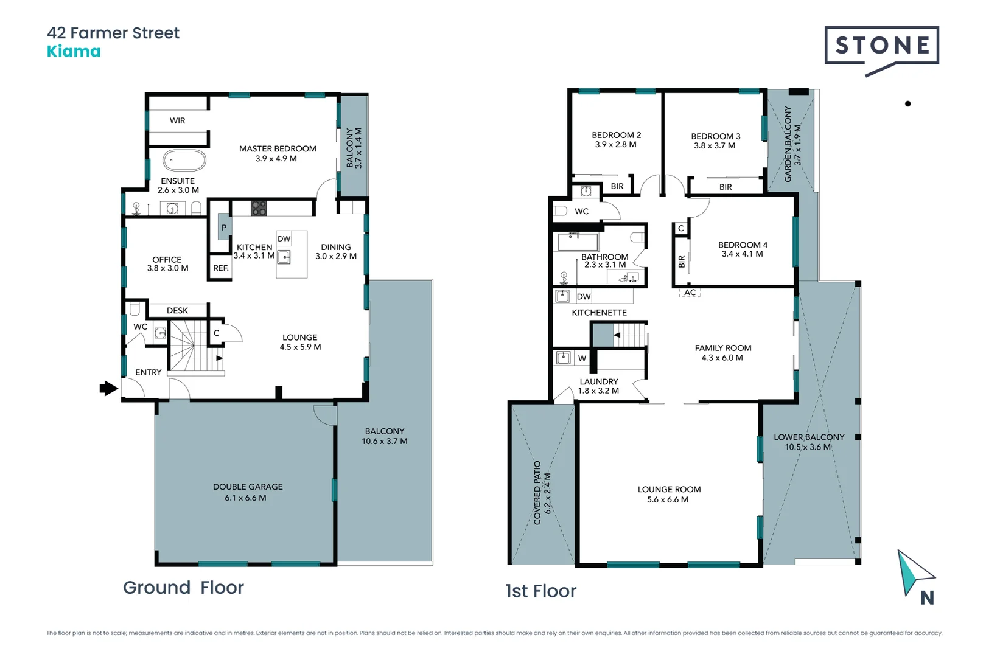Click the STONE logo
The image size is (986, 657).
pyautogui.click(x=881, y=46)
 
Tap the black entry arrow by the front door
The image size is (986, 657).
pyautogui.click(x=108, y=388)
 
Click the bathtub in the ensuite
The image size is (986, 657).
pyautogui.click(x=184, y=161)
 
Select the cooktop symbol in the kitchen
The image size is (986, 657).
pyautogui.click(x=259, y=208)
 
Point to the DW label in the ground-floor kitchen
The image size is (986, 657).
pyautogui.click(x=284, y=239)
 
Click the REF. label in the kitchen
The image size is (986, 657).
pyautogui.click(x=221, y=268)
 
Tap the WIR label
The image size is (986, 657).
pyautogui.click(x=178, y=120)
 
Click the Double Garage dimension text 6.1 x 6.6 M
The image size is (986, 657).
pyautogui.click(x=245, y=498)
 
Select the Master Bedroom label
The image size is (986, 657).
pyautogui.click(x=278, y=148)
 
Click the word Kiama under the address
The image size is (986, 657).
pyautogui.click(x=74, y=52)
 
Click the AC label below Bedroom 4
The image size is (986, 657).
pyautogui.click(x=690, y=293)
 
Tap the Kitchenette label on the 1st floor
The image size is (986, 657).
pyautogui.click(x=599, y=313)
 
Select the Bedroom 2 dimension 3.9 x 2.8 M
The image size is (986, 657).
pyautogui.click(x=615, y=145)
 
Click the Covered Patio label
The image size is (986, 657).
pyautogui.click(x=537, y=493)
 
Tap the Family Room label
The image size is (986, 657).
pyautogui.click(x=723, y=348)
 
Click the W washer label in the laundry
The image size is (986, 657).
pyautogui.click(x=582, y=358)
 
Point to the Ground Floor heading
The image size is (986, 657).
pyautogui.click(x=183, y=588)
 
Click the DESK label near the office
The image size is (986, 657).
pyautogui.click(x=177, y=310)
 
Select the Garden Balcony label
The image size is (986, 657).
pyautogui.click(x=788, y=144)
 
